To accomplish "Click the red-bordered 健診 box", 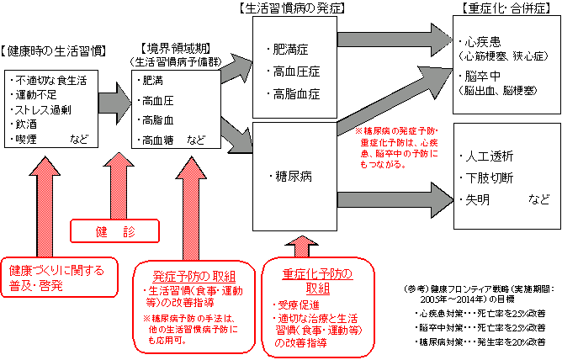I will point(113,229).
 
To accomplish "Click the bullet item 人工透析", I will point(490,156).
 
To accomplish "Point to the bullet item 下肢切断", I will point(490,177).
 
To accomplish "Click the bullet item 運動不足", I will point(37,95).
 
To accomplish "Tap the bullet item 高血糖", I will point(161,140).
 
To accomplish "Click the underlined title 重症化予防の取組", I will point(317,275).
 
